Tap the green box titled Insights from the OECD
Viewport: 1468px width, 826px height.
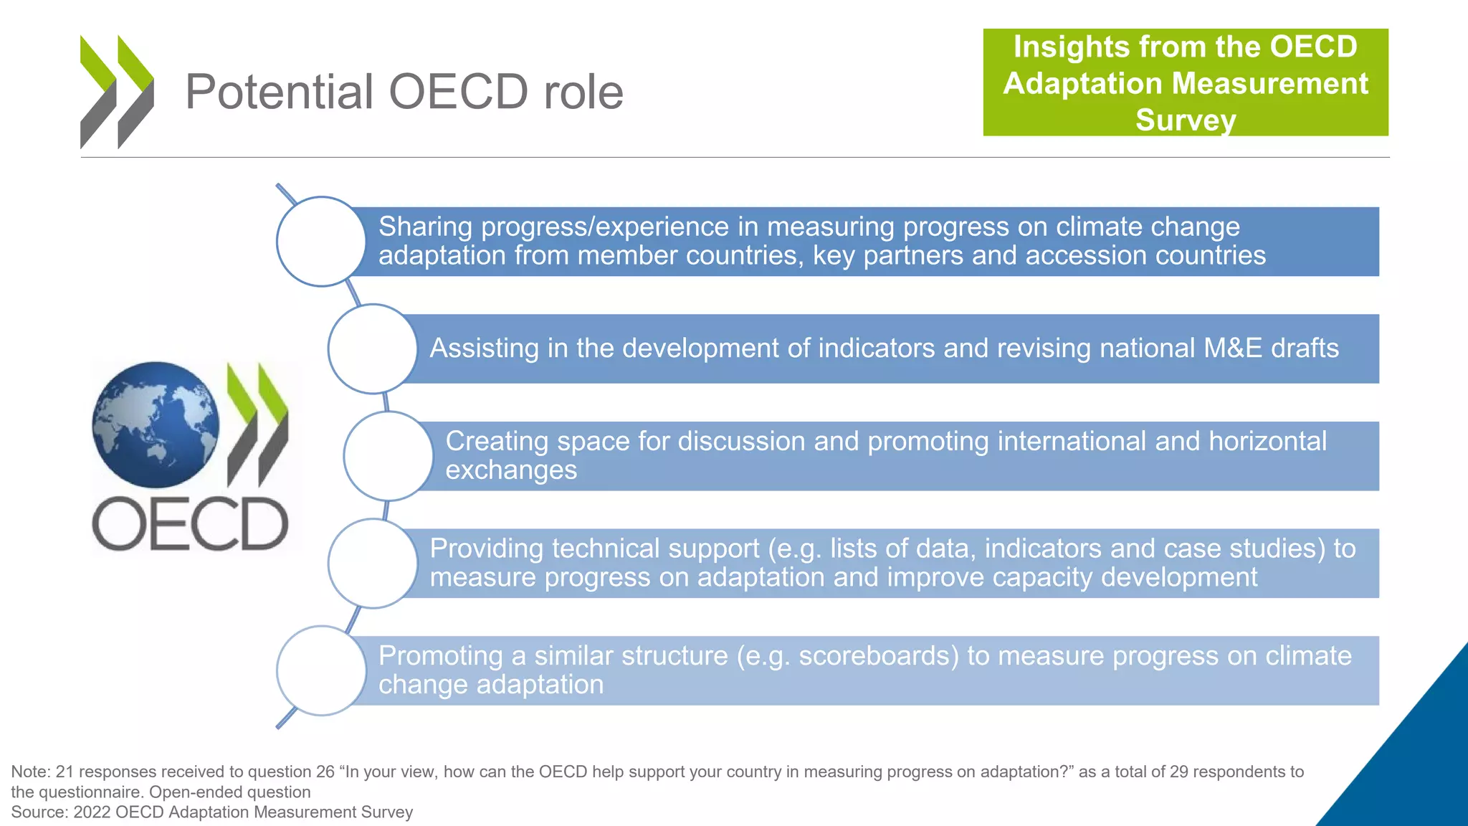coord(1185,82)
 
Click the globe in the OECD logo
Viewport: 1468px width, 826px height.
coord(156,424)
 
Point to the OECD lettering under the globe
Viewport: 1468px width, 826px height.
coord(190,524)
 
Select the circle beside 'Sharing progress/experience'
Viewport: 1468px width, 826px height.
coord(321,242)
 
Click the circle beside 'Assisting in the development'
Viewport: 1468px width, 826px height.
coord(372,348)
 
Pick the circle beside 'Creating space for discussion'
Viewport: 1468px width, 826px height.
coord(388,456)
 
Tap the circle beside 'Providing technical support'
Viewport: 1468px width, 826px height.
coord(372,564)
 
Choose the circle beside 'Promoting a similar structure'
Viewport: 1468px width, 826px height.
coord(321,670)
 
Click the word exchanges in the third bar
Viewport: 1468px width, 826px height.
coord(511,470)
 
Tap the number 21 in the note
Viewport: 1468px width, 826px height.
coord(65,772)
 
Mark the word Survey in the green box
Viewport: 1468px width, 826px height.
coord(1185,120)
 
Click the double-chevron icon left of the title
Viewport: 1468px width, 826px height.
coord(117,92)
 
